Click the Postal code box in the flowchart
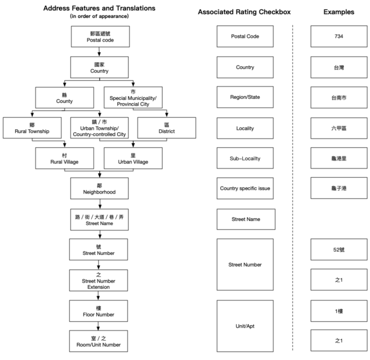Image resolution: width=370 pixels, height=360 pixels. click(100, 36)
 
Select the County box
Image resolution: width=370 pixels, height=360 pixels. click(64, 97)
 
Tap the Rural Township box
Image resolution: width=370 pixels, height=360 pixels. click(32, 128)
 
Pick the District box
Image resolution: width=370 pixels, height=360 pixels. click(167, 128)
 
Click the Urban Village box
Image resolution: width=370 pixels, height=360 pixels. click(133, 158)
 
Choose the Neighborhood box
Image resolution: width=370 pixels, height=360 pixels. click(99, 188)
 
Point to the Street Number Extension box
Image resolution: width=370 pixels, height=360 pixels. click(98, 280)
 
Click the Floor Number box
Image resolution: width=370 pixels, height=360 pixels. click(98, 311)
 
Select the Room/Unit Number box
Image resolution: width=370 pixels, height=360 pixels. click(98, 341)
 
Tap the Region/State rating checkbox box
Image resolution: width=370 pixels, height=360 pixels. click(245, 97)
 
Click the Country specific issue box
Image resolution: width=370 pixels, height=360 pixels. click(245, 188)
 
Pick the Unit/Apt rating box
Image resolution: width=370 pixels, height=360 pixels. click(245, 326)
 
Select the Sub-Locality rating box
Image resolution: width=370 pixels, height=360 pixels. click(245, 158)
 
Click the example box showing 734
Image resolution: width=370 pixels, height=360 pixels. click(339, 36)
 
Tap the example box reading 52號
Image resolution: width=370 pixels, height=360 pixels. click(339, 249)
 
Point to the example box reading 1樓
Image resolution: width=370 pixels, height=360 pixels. click(339, 311)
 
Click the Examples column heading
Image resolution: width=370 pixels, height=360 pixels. click(339, 12)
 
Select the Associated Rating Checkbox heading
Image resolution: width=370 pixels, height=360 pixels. click(244, 12)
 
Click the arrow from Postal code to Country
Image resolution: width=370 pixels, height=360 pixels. click(99, 52)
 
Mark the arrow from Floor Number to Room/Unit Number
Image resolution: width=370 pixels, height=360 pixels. click(98, 326)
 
